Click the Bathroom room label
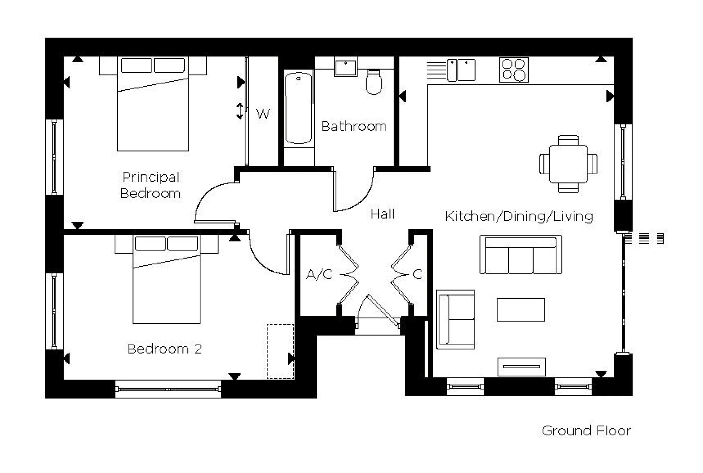tap(354, 127)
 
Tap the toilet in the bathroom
tap(374, 82)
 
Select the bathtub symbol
tap(298, 108)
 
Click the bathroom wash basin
tap(346, 68)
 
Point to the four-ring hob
tap(514, 70)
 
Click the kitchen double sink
tap(461, 70)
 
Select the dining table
tap(568, 164)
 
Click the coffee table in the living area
tap(521, 310)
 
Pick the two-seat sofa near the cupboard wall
tap(455, 319)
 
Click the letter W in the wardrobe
tap(263, 114)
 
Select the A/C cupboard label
tap(319, 274)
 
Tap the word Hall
tap(382, 214)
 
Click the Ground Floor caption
tap(586, 431)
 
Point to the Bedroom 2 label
tap(165, 349)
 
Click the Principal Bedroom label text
tap(150, 185)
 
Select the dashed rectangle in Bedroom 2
tap(280, 351)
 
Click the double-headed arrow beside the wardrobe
tap(240, 111)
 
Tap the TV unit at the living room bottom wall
tap(521, 367)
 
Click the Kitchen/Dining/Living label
tap(519, 216)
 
